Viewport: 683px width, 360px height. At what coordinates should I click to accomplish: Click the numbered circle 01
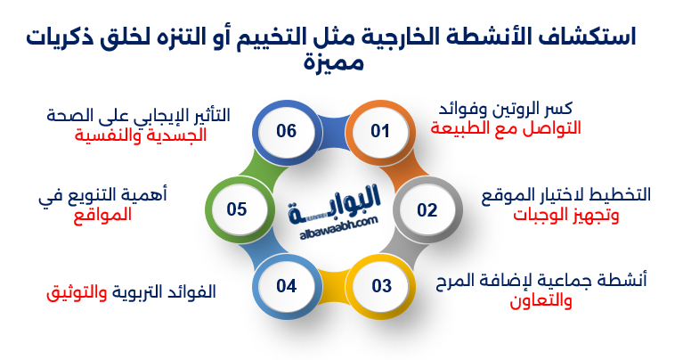(x=380, y=132)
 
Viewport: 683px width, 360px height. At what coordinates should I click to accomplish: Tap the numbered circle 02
(x=427, y=210)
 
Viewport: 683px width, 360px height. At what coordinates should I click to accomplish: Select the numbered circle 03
(x=381, y=286)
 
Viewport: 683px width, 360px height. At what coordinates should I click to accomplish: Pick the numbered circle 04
(x=286, y=286)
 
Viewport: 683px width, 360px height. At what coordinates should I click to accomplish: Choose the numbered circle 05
(x=236, y=210)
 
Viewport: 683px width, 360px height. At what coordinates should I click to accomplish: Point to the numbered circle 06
(x=286, y=132)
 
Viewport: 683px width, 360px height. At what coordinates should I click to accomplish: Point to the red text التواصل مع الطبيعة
(x=506, y=128)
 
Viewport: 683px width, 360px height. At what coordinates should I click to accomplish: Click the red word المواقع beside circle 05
(x=101, y=214)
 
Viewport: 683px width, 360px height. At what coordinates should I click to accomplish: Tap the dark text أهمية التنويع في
(x=103, y=194)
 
